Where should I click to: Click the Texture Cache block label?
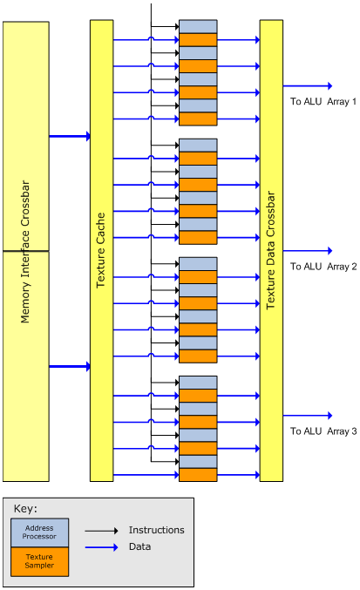101,251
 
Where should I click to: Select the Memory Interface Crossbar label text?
25,251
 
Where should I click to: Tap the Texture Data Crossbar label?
270,250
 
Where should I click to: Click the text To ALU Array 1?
323,102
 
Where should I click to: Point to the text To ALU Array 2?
323,267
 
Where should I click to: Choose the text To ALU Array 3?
323,431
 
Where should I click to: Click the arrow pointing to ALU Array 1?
308,86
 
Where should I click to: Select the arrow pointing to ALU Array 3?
308,416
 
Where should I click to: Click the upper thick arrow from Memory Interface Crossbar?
70,136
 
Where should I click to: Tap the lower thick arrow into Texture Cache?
70,367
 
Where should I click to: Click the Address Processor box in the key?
39,532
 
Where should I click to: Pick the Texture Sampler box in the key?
39,561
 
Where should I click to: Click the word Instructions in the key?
157,530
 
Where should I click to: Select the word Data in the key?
140,546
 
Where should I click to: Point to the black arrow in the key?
102,531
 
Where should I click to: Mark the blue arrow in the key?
102,547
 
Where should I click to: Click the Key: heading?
25,509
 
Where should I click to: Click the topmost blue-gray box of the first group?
198,27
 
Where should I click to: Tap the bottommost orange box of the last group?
198,475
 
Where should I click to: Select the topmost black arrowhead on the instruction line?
177,27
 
